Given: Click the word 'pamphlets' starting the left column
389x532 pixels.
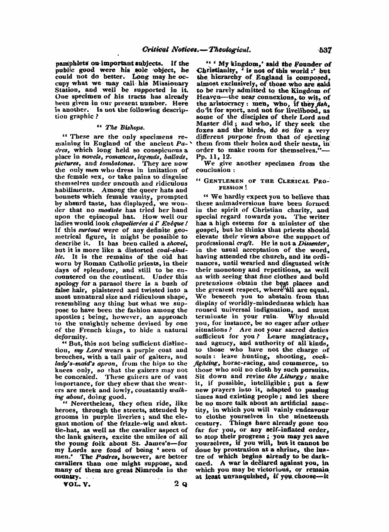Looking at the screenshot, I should [71, 63].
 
